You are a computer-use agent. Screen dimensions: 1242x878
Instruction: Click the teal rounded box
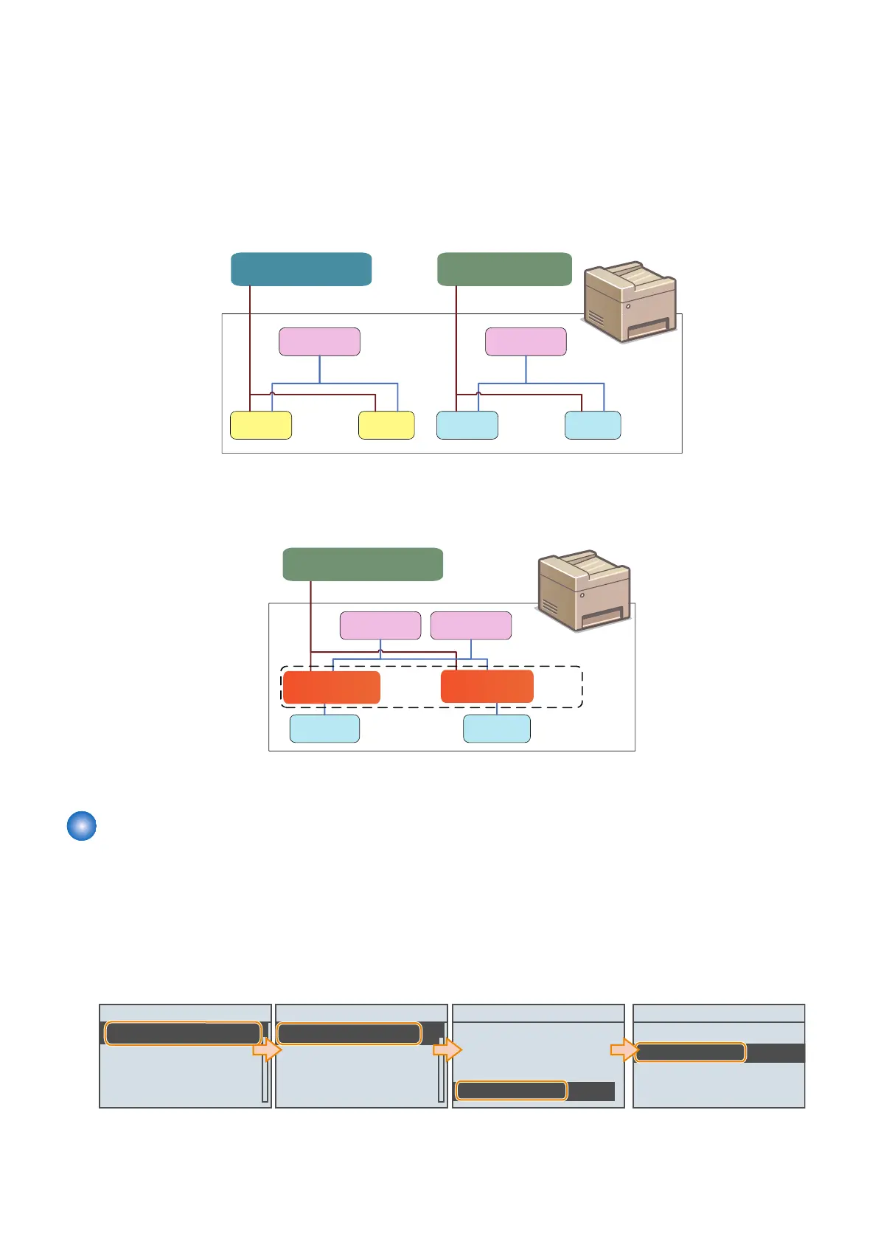[301, 269]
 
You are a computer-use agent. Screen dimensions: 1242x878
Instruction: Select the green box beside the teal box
[504, 269]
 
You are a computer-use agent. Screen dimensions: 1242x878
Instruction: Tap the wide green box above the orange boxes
[363, 564]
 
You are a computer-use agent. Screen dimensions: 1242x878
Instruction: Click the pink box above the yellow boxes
[319, 341]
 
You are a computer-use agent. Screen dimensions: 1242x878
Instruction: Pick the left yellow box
[261, 426]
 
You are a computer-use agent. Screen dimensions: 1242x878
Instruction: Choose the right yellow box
[386, 426]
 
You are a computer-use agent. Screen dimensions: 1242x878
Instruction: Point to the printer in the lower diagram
[585, 590]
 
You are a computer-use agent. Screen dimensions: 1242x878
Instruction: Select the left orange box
[332, 687]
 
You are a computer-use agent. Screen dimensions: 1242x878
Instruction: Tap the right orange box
[487, 687]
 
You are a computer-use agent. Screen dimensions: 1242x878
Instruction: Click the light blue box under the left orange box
[324, 728]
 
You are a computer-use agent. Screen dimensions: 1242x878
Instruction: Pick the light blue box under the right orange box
[496, 728]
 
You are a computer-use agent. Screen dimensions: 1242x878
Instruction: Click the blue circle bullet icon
[82, 826]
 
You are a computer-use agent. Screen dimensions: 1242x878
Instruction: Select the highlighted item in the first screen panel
[183, 1033]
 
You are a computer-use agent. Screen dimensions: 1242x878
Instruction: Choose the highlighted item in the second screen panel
[349, 1033]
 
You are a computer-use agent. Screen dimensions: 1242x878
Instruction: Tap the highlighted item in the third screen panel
[511, 1091]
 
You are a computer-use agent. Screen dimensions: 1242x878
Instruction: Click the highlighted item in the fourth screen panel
[690, 1052]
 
